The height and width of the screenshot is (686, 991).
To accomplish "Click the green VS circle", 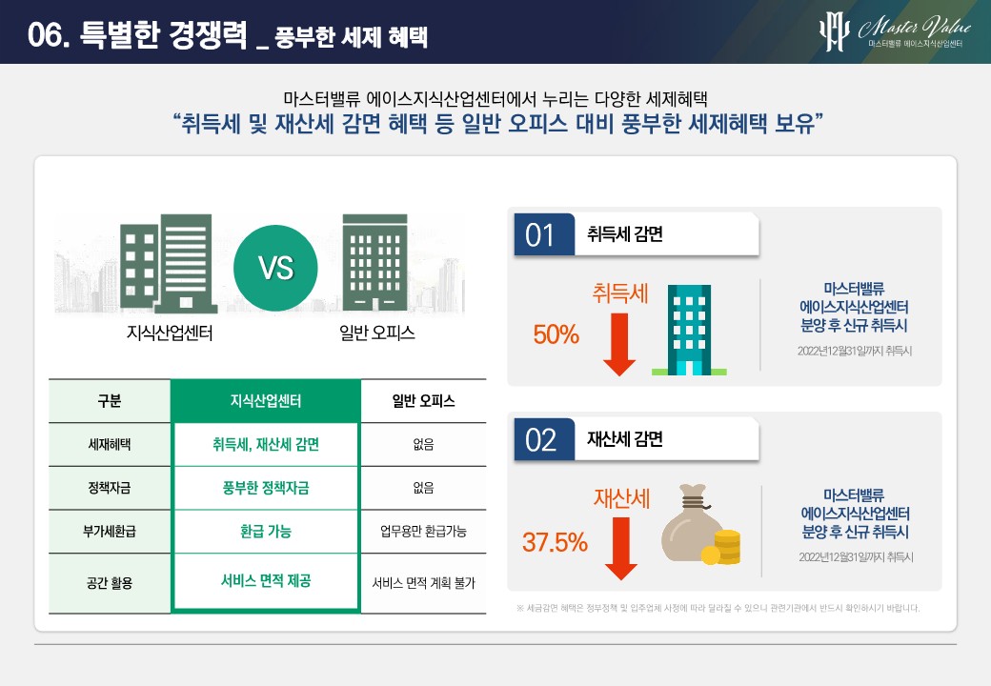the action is tap(275, 268).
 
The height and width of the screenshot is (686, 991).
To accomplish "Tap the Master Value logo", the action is tap(895, 30).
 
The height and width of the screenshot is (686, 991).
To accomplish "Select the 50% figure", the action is tap(556, 334).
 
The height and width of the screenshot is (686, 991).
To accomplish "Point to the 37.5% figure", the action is tap(555, 542).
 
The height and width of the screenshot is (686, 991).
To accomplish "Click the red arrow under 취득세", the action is tap(619, 344).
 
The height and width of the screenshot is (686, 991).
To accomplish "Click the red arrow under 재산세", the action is tap(620, 548).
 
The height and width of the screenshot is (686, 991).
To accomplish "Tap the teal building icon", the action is tap(690, 330).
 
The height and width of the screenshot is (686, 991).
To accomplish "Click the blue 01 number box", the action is tap(544, 234).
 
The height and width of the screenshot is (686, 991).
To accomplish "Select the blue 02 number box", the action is tap(544, 439).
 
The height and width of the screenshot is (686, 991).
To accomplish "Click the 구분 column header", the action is tap(110, 401).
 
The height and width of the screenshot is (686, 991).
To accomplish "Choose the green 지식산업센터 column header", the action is tap(266, 401).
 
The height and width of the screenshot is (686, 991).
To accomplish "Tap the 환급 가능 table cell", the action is tap(266, 532).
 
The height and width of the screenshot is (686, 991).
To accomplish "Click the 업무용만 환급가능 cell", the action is tap(423, 532).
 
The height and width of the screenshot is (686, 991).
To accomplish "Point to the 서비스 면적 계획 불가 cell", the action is tap(423, 583).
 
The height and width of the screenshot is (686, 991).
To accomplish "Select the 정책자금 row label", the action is tap(110, 488).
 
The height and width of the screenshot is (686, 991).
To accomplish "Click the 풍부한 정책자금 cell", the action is tap(266, 488).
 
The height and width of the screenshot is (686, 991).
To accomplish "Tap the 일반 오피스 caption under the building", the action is tap(377, 333).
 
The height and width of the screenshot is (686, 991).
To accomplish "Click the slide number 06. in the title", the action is tap(48, 34).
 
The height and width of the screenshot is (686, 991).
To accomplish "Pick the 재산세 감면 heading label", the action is tap(625, 439).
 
